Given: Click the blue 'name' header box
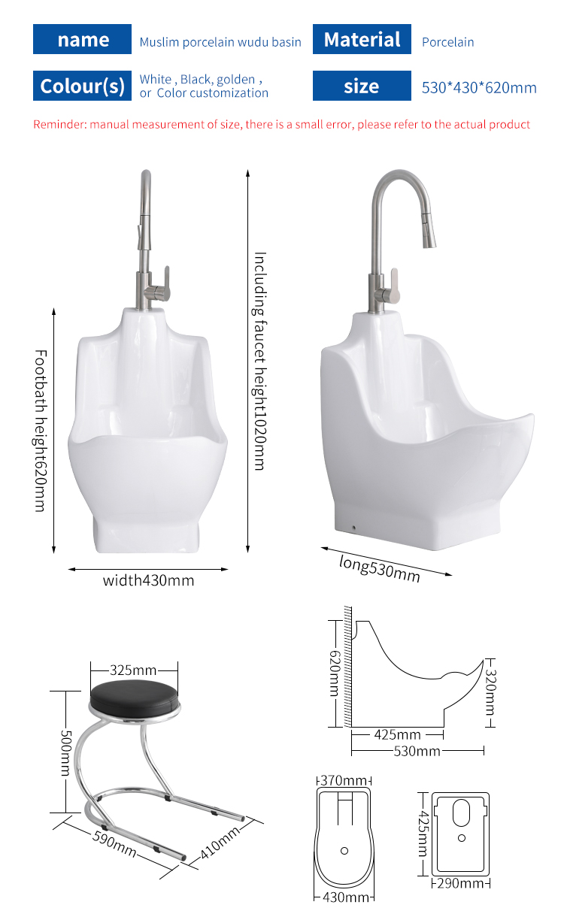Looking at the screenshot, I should point(83,40).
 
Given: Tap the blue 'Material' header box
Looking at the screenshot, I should point(362,40).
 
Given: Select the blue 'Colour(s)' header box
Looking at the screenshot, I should point(83,86).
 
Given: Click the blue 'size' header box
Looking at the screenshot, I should point(362,86).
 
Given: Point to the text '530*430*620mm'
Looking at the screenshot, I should point(479,87).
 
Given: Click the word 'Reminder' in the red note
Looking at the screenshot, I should point(59,124).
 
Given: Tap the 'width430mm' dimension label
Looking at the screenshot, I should point(148,580).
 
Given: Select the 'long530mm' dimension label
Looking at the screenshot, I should point(379,568).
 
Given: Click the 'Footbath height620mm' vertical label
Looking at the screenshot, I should point(39,431).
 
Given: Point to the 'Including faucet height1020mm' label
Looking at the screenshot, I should point(259,361).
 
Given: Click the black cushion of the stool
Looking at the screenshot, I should point(136,698).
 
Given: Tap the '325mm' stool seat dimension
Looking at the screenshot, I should point(133,670).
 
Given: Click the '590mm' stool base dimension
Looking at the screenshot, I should point(114,841).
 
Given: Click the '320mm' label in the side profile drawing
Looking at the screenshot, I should point(490,691).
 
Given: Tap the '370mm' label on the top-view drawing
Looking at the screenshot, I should point(344,781).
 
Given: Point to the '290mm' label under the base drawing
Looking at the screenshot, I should point(460,883).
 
